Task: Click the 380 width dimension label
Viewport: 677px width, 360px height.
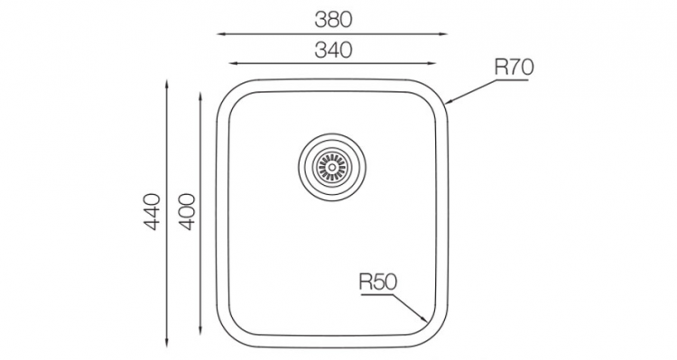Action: pos(333,20)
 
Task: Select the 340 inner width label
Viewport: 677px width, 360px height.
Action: pos(333,50)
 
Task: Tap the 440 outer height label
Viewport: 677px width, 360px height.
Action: pos(151,212)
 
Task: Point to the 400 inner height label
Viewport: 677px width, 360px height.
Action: pos(187,212)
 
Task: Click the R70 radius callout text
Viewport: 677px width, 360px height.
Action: pos(515,67)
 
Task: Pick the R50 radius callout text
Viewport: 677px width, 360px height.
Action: pos(377,282)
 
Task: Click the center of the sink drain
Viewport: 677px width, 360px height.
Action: pos(332,167)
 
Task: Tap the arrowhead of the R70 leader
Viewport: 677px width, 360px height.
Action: pos(448,102)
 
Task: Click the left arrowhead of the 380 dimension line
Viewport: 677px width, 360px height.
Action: pos(220,33)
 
